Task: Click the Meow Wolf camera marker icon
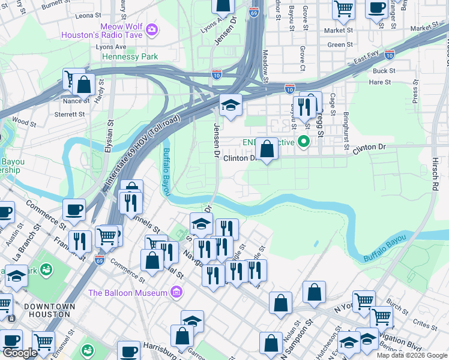click(152, 29)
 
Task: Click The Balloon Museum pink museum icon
click(176, 292)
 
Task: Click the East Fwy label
click(367, 58)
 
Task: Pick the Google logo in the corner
click(20, 353)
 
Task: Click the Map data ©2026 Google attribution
click(412, 355)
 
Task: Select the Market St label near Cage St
click(339, 30)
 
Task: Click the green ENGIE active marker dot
click(304, 142)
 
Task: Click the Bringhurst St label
click(346, 131)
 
